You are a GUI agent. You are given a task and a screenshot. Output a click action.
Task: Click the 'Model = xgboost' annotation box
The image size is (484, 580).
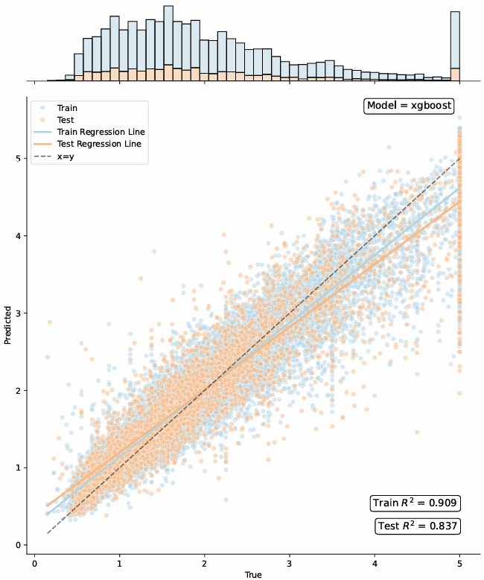coord(410,106)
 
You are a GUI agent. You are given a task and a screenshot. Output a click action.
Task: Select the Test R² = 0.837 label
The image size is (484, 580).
coord(417,526)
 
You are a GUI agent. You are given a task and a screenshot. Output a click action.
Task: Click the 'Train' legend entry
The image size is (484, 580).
coord(67,108)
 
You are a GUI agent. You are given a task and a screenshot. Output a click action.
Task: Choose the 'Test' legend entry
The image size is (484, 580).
coord(66,120)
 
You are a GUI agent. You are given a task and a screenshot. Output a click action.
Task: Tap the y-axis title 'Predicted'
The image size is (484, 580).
coord(8,325)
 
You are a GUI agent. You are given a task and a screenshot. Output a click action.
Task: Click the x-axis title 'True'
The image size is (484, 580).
coord(253,574)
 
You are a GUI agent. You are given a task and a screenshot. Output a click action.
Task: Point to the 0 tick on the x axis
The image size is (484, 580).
coord(34,563)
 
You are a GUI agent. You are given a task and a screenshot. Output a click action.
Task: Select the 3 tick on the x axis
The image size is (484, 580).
coord(290,563)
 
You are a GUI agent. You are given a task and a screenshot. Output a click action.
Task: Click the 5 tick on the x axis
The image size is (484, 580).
coord(459,563)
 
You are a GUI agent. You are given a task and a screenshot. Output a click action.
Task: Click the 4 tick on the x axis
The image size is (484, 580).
coord(375,563)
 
